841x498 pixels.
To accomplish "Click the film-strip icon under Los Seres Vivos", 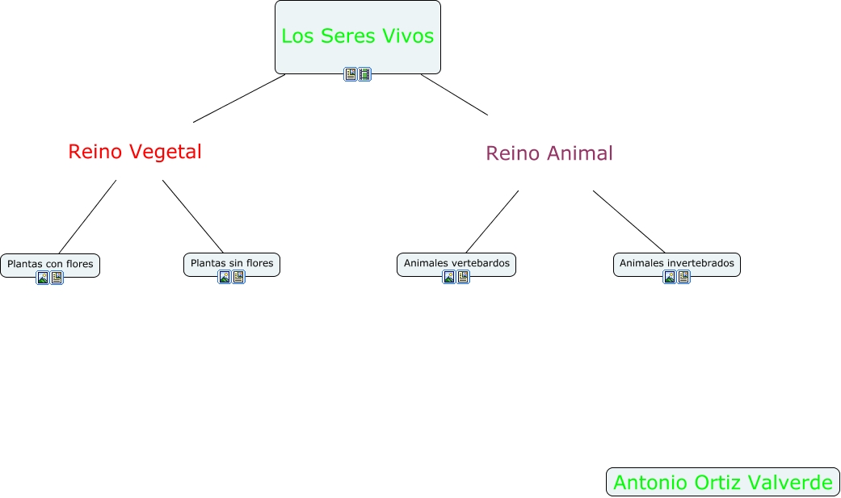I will coord(364,74).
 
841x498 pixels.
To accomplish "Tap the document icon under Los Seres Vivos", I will coord(351,74).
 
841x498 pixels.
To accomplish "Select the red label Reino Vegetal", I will coord(135,152).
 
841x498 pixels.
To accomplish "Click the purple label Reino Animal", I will coord(549,153).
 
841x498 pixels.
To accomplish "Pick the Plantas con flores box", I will coord(50,264).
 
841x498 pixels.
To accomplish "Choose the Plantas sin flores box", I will coord(232,263).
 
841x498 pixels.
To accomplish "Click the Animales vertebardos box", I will coord(456,263).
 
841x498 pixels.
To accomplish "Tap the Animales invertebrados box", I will coord(677,263).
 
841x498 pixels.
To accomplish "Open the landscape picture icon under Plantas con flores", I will coord(43,278).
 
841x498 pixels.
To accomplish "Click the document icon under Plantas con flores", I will coord(57,278).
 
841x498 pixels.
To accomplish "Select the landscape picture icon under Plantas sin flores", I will coord(225,277).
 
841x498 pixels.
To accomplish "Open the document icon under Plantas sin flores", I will coord(238,277).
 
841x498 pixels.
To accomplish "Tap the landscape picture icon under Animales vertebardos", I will coord(449,277).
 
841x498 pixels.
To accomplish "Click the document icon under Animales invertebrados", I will coord(683,277).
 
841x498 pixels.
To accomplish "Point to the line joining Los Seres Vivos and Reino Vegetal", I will coord(239,98).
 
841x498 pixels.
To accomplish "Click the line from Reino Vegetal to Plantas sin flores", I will coord(193,216).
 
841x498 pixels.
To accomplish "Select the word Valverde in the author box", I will coord(793,483).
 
